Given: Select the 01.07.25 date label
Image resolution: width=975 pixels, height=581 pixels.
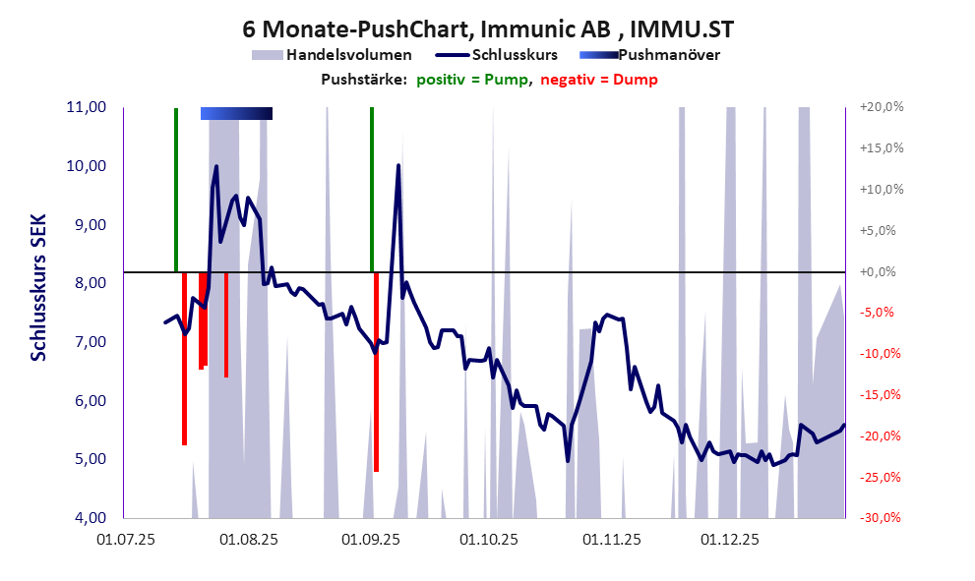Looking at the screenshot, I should [x=124, y=540].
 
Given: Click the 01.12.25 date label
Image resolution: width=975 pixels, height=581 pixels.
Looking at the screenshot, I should [x=729, y=540].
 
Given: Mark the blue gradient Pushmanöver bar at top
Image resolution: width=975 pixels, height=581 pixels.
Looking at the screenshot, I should [x=236, y=113].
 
